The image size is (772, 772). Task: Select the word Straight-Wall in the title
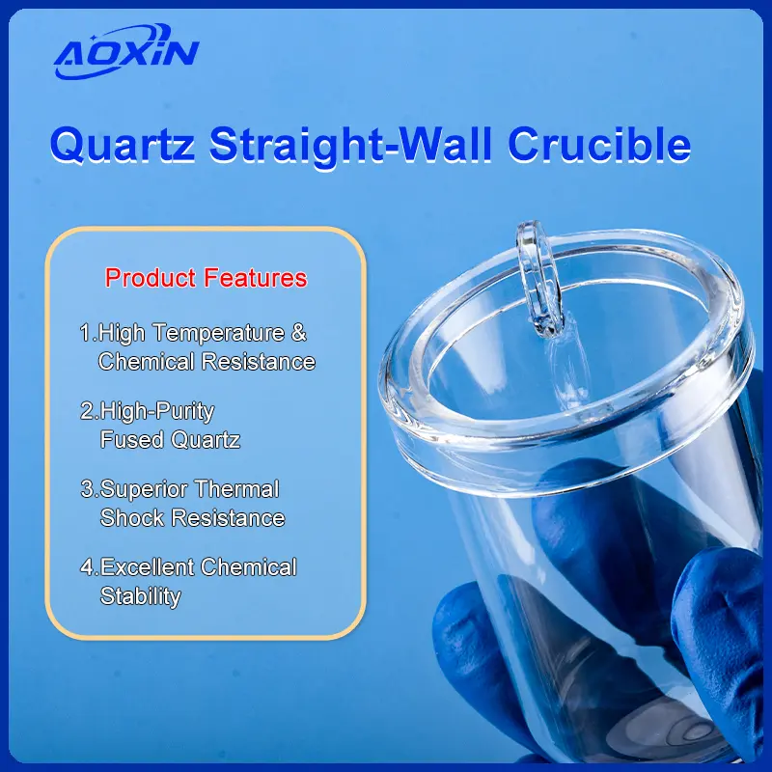coord(352,146)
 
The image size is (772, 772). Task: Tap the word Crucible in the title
coord(598,146)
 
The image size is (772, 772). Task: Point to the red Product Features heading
coord(206,279)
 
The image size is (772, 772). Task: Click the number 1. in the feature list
coord(88,334)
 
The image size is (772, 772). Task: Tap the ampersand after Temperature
coord(299,334)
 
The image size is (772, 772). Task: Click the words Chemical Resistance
coord(207,362)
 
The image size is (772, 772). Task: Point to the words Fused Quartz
coord(170,440)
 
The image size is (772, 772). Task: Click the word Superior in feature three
coord(144,489)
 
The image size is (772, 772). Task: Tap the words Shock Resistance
coord(192,517)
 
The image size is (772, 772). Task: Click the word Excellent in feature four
coord(148,567)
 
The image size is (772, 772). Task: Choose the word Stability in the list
coord(140,595)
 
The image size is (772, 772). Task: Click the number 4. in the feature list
coord(89,567)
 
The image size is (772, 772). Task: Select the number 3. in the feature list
coord(89,489)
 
